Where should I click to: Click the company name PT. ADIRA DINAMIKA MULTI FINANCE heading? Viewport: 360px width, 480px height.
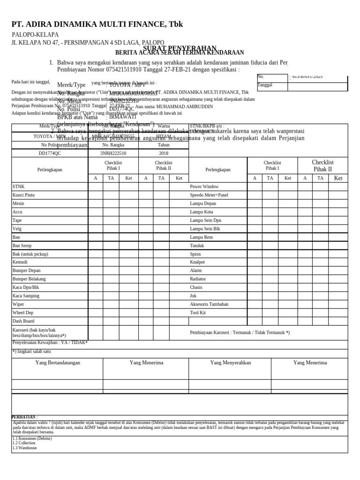(x=97, y=24)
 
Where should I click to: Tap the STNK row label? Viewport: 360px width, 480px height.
(x=18, y=187)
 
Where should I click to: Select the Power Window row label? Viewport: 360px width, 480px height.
(x=204, y=187)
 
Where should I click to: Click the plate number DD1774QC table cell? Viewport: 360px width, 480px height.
(x=50, y=153)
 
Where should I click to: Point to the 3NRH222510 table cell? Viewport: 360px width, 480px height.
(x=113, y=153)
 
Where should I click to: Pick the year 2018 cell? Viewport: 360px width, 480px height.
(x=164, y=153)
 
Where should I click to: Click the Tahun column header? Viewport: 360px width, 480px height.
(x=164, y=145)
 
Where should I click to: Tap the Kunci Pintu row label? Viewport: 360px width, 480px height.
(x=23, y=195)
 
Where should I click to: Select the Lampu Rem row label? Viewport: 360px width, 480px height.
(x=201, y=237)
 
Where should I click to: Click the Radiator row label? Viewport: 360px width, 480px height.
(x=198, y=279)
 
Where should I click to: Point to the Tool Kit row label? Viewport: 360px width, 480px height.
(x=198, y=313)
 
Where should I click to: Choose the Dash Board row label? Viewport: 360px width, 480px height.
(x=23, y=321)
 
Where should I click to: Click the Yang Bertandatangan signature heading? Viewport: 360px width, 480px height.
(x=58, y=363)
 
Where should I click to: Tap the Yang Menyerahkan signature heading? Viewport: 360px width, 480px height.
(x=231, y=363)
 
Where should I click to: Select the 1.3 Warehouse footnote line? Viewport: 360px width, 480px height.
(x=24, y=448)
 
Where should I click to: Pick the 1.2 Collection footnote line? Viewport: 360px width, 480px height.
(x=24, y=443)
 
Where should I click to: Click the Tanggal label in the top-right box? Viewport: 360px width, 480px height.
(x=265, y=85)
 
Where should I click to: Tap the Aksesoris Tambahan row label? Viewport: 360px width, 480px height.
(x=209, y=304)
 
